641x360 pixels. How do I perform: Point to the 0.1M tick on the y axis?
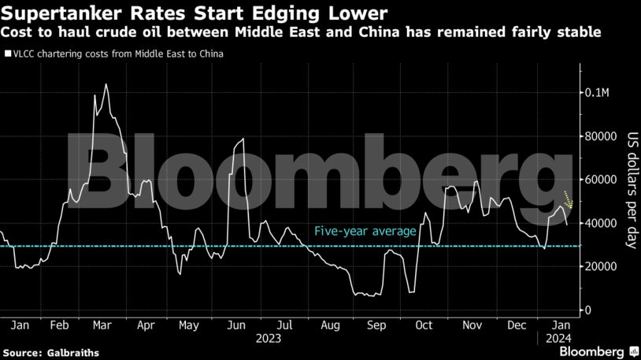tap(599, 92)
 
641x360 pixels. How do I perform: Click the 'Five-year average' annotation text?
tap(365, 232)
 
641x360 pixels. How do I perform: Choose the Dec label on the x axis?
tap(517, 325)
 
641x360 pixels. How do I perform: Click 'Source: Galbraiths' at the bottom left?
tap(51, 352)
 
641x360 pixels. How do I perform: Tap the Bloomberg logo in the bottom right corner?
tap(597, 351)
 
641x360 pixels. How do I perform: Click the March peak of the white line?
tap(106, 84)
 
